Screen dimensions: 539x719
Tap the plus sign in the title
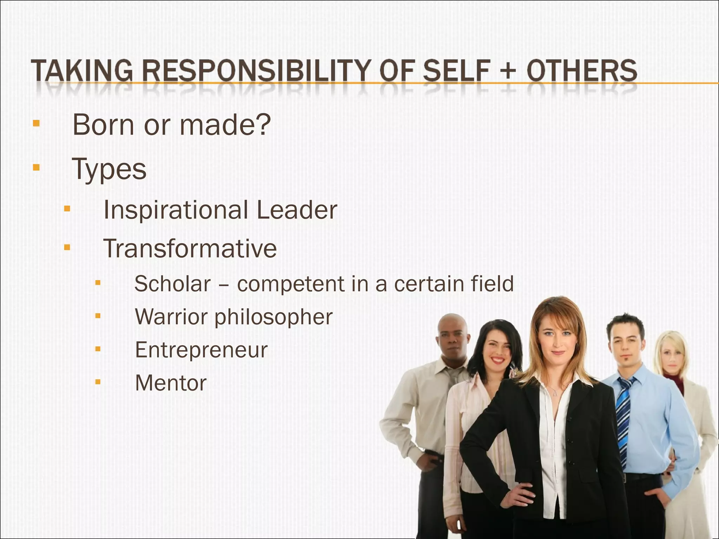(506, 72)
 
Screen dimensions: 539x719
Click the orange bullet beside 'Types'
(35, 167)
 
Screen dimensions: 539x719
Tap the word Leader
(297, 210)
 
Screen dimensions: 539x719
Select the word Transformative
(190, 248)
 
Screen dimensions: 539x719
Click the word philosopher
(273, 317)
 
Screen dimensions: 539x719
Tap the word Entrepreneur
(201, 350)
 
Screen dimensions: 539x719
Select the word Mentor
(171, 383)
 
